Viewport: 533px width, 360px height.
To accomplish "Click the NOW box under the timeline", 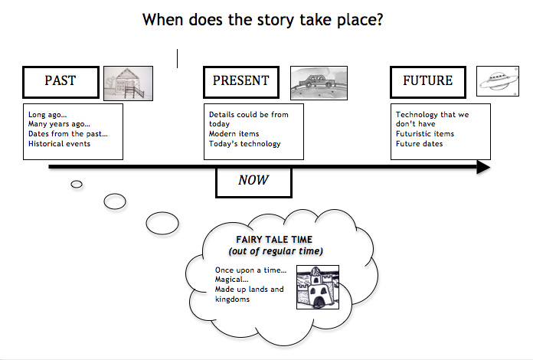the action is click(x=254, y=181).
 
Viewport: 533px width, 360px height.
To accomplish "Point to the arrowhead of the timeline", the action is click(x=482, y=167).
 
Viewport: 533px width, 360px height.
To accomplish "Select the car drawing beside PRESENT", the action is click(x=319, y=81).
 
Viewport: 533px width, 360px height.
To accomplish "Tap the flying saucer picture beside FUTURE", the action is click(x=498, y=80).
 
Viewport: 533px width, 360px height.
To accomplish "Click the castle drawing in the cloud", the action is click(x=318, y=287).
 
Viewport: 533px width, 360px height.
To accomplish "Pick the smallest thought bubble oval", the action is click(x=77, y=184).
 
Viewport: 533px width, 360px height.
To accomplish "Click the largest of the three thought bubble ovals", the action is click(x=162, y=224).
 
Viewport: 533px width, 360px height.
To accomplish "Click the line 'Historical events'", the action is click(x=59, y=143).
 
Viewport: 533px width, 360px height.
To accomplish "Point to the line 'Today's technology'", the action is click(x=245, y=144).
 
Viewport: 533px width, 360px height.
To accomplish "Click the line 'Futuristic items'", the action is click(x=425, y=134).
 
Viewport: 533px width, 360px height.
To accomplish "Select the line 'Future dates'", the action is click(x=418, y=144).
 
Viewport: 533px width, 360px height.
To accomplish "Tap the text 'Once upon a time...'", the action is click(x=250, y=270).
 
